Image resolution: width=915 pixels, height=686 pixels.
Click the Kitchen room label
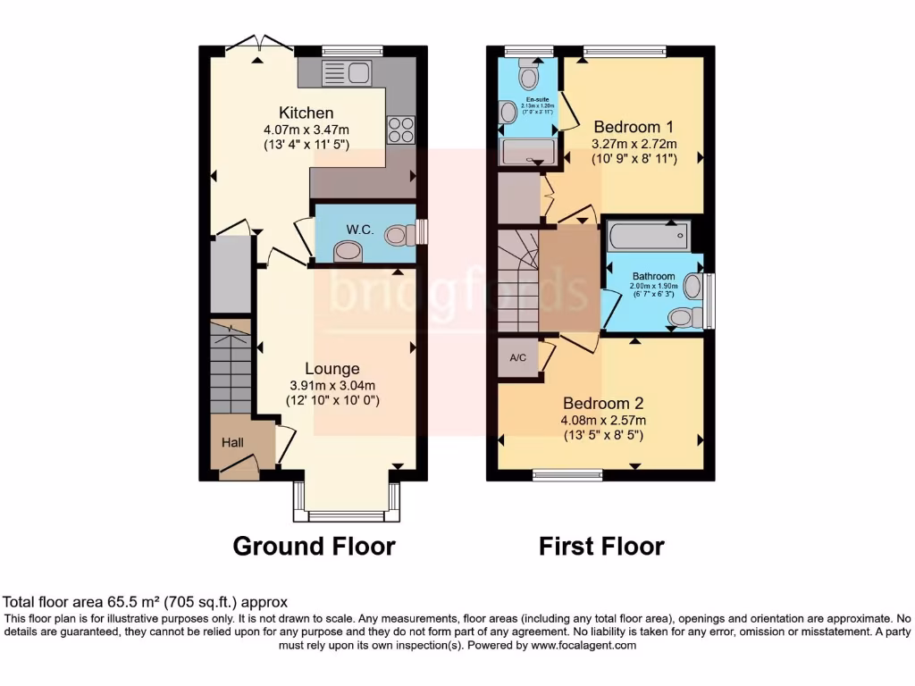tap(306, 113)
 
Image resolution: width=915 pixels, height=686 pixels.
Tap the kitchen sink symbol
tap(347, 72)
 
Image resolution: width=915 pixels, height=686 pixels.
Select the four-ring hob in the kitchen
tap(400, 130)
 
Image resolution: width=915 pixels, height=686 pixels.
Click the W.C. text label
tap(360, 229)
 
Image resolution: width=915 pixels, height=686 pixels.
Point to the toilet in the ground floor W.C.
tap(400, 235)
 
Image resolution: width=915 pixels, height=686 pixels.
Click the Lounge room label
tap(332, 368)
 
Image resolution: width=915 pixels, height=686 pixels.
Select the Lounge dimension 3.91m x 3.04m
tap(332, 385)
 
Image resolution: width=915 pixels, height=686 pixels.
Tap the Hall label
tap(232, 442)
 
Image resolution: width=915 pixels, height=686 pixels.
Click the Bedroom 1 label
tap(634, 126)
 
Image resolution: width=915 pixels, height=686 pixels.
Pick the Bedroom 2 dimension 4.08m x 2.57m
tap(603, 420)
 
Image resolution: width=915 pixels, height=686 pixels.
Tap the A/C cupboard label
tap(517, 358)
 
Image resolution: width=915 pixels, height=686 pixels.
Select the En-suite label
tap(536, 99)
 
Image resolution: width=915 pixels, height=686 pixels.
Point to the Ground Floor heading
tap(314, 546)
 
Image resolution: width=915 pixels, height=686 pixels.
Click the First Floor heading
tap(601, 546)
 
